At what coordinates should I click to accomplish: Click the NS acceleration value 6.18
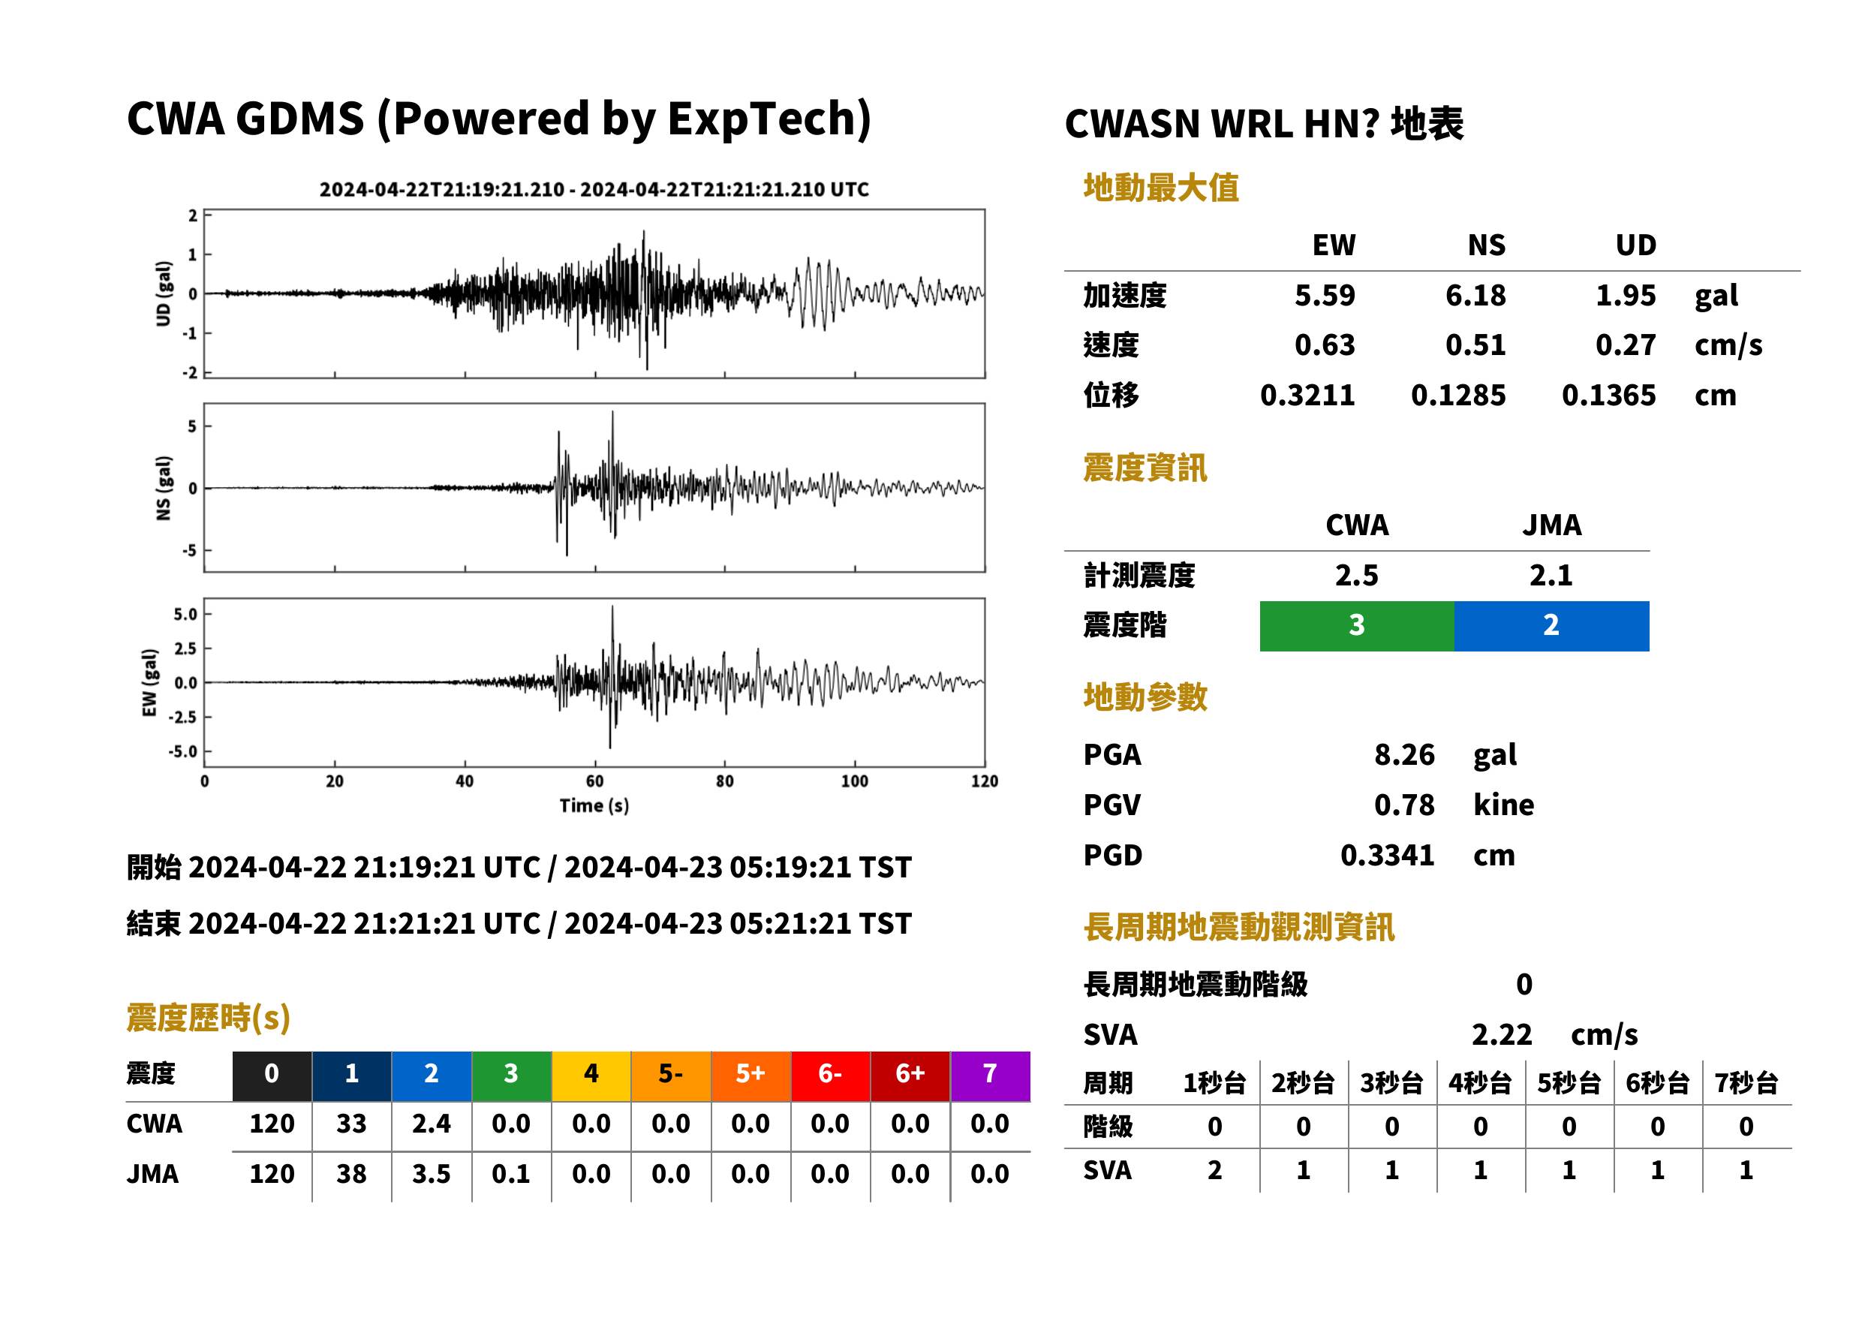click(x=1475, y=295)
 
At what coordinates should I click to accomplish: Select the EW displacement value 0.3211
click(x=1307, y=395)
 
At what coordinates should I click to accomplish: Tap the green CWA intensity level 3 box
click(x=1357, y=626)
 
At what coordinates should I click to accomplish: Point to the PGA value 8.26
click(x=1404, y=754)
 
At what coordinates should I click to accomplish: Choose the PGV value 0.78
click(x=1404, y=805)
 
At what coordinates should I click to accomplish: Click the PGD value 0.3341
click(x=1387, y=855)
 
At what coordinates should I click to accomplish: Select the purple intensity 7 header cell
click(x=990, y=1073)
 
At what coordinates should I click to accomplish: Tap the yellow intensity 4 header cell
click(x=591, y=1073)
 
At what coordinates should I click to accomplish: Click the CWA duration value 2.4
click(x=432, y=1124)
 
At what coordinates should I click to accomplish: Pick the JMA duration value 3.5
click(x=432, y=1174)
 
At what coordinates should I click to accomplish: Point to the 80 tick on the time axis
click(x=725, y=781)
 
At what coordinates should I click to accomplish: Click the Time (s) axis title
click(x=594, y=806)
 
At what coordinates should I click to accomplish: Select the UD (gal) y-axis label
click(x=164, y=294)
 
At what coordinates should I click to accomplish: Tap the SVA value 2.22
click(x=1502, y=1034)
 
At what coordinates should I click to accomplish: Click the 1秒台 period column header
click(x=1214, y=1084)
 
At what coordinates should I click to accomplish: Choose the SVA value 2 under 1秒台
click(x=1214, y=1170)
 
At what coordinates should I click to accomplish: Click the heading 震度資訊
click(x=1145, y=468)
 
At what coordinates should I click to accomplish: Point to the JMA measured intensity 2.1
click(x=1551, y=575)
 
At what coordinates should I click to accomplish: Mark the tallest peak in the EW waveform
click(x=612, y=607)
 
